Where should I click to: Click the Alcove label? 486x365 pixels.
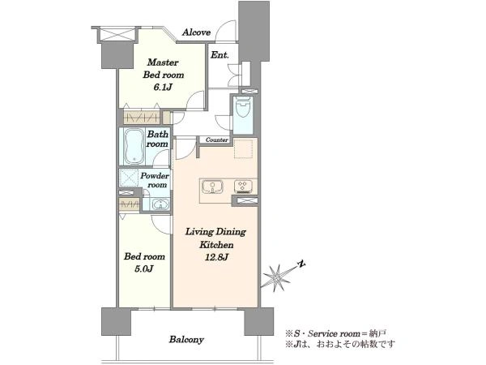click(x=196, y=32)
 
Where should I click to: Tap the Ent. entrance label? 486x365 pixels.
click(x=220, y=55)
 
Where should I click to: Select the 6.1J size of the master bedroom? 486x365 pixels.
click(x=163, y=88)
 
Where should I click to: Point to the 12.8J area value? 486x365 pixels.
click(x=216, y=257)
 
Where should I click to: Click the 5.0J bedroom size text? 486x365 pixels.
click(x=144, y=268)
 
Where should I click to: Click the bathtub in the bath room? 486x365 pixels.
click(x=134, y=147)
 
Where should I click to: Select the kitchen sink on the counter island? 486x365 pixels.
click(x=212, y=187)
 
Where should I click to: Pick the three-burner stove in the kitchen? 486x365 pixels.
click(x=243, y=186)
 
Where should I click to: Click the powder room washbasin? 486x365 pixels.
click(x=160, y=204)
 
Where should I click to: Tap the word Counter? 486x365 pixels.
click(x=217, y=140)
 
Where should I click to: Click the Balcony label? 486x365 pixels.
click(x=186, y=340)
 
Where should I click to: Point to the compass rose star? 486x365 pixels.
click(x=277, y=277)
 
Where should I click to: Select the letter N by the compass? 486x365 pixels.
click(x=301, y=264)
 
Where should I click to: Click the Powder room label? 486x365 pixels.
click(x=155, y=180)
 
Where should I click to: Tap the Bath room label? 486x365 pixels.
click(x=157, y=139)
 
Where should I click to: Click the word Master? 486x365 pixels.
click(x=163, y=62)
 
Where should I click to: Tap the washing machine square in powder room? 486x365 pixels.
click(x=128, y=178)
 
